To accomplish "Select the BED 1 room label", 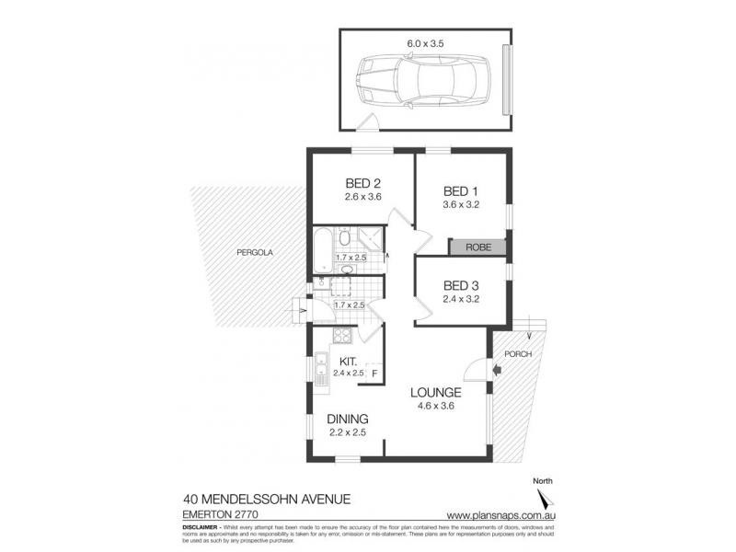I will tap(462, 190).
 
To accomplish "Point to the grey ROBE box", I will tap(477, 247).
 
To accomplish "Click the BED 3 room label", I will tap(462, 285).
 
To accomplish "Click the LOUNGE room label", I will tap(434, 391).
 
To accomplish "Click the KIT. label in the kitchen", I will tap(349, 362).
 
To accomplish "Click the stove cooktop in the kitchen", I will tap(339, 336).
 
